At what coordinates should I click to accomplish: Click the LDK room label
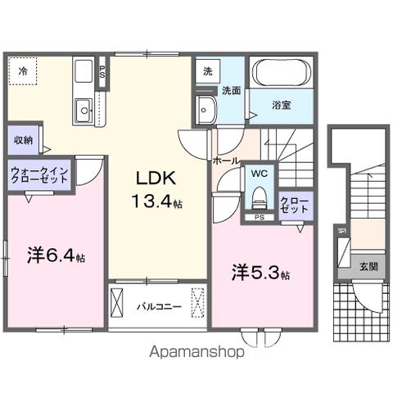pos(152,179)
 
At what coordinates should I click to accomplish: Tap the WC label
pos(259,174)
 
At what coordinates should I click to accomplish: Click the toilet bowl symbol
pos(259,197)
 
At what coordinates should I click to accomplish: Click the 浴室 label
pos(281,106)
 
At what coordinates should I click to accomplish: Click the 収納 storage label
pos(23,140)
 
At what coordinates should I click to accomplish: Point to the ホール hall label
pos(225,161)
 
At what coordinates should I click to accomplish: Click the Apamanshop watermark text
pos(196,354)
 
